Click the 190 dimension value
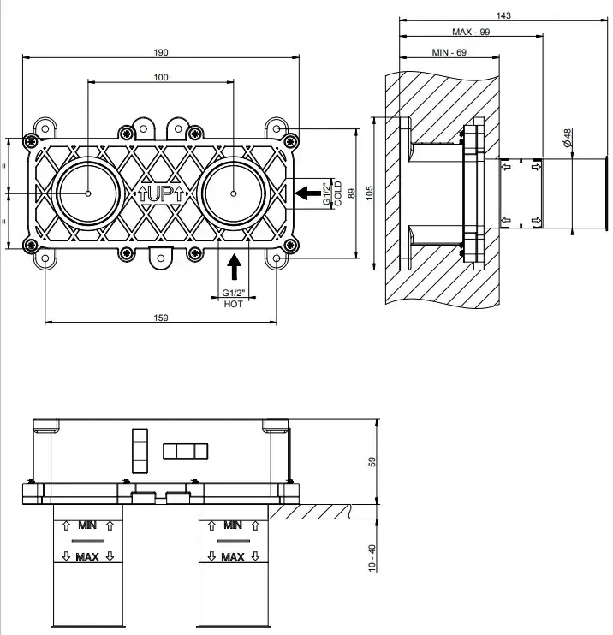(x=161, y=52)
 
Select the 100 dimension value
(x=161, y=77)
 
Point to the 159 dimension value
(x=161, y=317)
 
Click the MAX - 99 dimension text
(x=471, y=32)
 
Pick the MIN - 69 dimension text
(x=449, y=53)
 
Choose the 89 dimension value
(x=350, y=194)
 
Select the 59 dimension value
(x=372, y=462)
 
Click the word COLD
(x=338, y=193)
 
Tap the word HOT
(x=233, y=304)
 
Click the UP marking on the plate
(x=161, y=194)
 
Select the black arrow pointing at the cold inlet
(x=305, y=193)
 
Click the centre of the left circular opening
(x=89, y=194)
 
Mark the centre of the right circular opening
(x=233, y=194)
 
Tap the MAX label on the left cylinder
(x=87, y=557)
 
